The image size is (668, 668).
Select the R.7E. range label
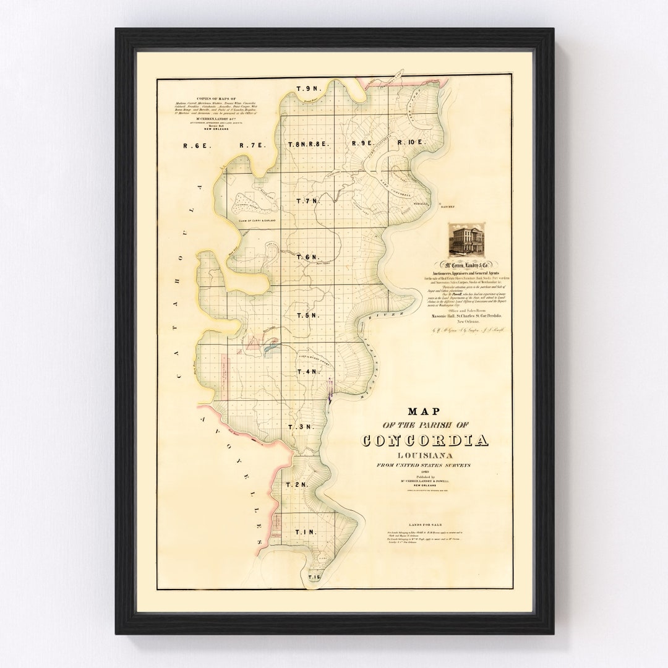(x=252, y=145)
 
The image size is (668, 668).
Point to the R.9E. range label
(x=364, y=143)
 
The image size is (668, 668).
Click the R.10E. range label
(x=413, y=143)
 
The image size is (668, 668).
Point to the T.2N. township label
(x=297, y=485)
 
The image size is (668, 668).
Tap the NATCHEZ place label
(x=448, y=208)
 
